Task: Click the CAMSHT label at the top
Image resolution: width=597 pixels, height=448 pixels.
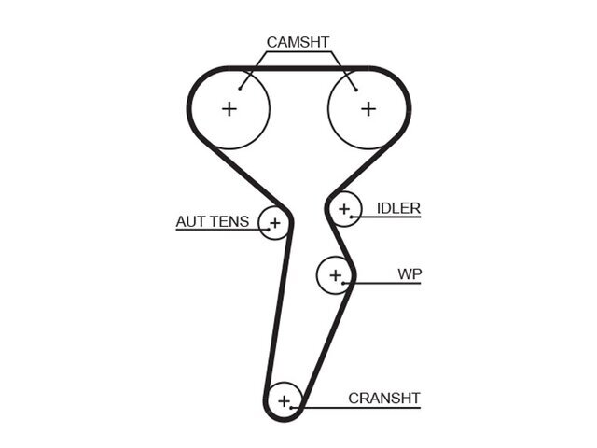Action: click(298, 42)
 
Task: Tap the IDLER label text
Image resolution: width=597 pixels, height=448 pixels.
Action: click(398, 208)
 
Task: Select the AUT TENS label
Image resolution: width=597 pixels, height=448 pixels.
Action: click(213, 221)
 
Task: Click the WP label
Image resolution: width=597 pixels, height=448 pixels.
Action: click(410, 273)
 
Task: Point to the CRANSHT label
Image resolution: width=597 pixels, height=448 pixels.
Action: click(384, 399)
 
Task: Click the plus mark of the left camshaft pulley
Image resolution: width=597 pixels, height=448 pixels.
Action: click(229, 109)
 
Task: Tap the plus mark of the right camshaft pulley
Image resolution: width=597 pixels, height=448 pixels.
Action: click(368, 109)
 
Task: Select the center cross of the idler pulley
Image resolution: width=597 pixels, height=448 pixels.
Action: click(344, 209)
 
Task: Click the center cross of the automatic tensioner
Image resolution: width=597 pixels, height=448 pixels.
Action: click(275, 223)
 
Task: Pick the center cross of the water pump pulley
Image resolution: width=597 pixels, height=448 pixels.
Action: click(336, 275)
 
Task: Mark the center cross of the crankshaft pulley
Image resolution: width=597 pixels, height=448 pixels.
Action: click(284, 401)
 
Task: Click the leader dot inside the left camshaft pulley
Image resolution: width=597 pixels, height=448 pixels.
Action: click(240, 89)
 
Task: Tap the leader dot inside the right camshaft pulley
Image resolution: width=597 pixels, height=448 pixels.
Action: click(356, 90)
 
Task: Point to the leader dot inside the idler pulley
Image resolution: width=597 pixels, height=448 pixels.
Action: click(351, 217)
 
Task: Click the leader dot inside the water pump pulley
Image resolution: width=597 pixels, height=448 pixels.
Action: click(343, 283)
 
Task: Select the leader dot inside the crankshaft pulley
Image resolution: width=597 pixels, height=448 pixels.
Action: click(291, 408)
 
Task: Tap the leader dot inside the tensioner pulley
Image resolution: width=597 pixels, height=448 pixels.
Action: click(269, 230)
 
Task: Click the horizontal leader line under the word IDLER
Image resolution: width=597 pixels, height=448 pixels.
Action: click(386, 217)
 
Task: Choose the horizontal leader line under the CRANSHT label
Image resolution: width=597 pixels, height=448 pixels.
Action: click(355, 408)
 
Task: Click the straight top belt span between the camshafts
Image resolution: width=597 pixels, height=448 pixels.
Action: click(298, 68)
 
